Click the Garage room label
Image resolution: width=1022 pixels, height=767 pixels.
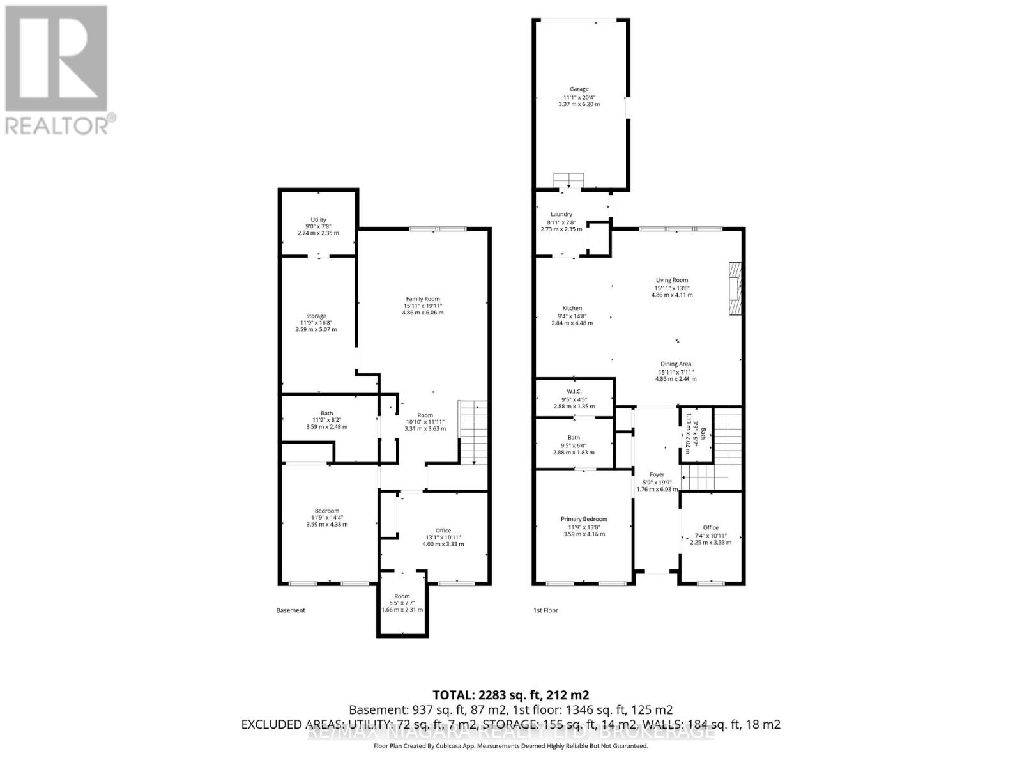[x=579, y=89]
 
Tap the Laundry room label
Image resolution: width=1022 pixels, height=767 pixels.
[x=561, y=215]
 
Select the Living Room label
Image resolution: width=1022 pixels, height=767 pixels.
[x=671, y=280]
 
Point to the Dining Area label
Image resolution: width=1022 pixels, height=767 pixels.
[x=676, y=364]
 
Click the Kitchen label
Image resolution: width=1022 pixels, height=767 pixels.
[x=572, y=309]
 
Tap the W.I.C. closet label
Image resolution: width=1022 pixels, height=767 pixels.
[x=574, y=392]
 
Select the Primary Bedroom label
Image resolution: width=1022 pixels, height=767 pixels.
[x=584, y=520]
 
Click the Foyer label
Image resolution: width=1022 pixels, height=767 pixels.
[x=657, y=475]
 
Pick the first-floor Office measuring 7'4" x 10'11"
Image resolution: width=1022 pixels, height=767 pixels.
[x=710, y=528]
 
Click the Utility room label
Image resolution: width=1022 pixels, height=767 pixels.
[x=318, y=220]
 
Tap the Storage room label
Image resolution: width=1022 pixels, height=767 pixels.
[x=316, y=316]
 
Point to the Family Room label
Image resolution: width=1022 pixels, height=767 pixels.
[x=423, y=299]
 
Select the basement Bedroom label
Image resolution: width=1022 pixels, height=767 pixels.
[x=326, y=511]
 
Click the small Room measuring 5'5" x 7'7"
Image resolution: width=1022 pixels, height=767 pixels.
[x=402, y=596]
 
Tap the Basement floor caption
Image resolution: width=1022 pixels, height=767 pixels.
[x=291, y=610]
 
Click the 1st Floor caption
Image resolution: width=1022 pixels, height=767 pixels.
[x=545, y=610]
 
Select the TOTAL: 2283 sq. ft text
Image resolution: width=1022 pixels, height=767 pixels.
[x=510, y=695]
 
